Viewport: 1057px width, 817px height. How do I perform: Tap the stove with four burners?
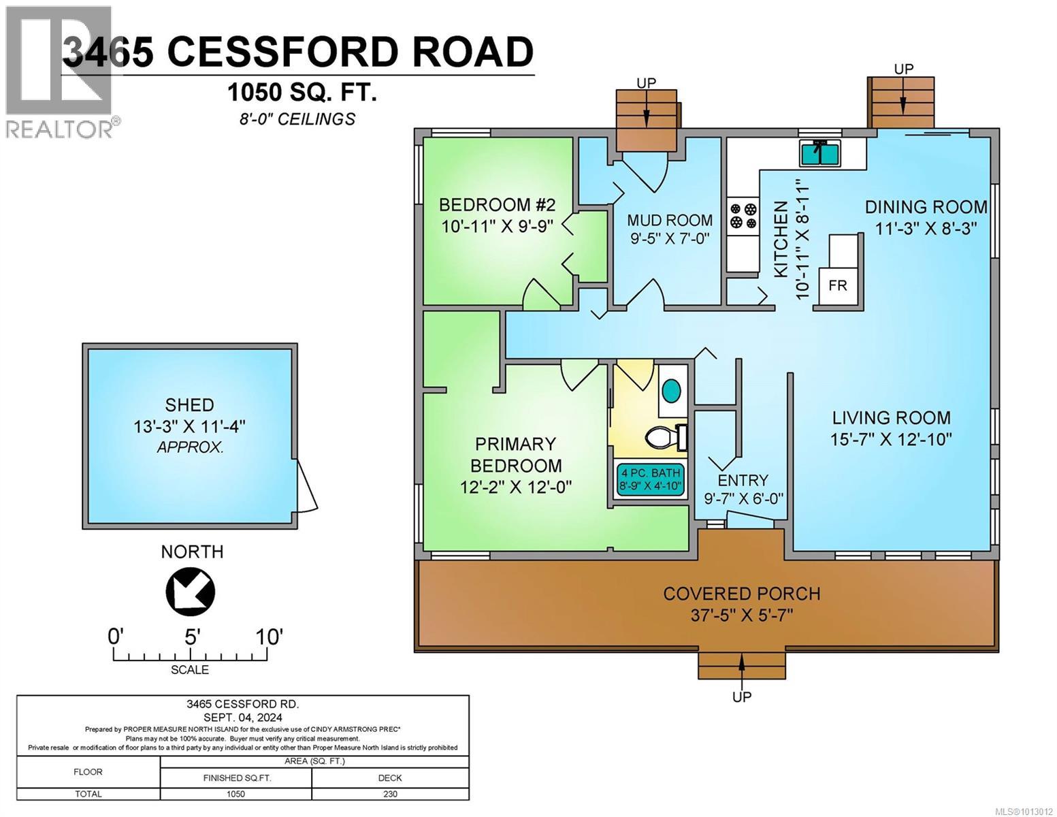(x=743, y=215)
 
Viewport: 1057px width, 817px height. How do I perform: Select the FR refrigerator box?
(x=837, y=285)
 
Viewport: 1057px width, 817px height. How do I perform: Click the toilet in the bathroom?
(x=666, y=437)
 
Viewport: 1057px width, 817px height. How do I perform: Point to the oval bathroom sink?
(x=671, y=391)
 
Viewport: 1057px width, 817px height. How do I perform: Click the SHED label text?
(x=189, y=405)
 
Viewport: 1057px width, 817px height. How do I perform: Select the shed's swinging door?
(x=307, y=485)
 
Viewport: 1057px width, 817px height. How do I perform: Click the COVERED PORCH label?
(x=741, y=594)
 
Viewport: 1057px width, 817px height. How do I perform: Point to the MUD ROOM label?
(x=670, y=221)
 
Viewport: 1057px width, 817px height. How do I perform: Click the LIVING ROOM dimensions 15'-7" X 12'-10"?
(x=890, y=439)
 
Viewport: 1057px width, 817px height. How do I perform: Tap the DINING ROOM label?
(x=926, y=207)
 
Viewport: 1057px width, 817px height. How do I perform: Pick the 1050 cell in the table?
(x=235, y=794)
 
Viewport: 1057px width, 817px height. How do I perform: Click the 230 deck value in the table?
(x=390, y=794)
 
